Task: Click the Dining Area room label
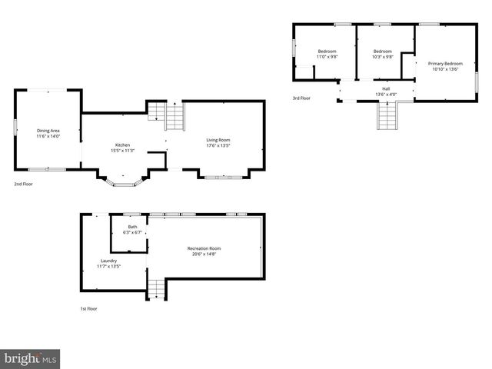48,131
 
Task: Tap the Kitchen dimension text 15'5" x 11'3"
123,151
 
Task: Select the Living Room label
218,140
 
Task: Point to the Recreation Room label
204,248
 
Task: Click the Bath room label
132,227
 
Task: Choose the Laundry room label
108,261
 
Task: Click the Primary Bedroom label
445,63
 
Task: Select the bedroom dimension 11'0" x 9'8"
327,57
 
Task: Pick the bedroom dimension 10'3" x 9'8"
382,57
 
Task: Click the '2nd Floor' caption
23,184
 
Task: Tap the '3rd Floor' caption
301,98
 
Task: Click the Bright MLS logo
30,358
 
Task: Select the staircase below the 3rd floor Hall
387,117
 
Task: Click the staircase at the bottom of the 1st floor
156,288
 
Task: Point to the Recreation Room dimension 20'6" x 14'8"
204,254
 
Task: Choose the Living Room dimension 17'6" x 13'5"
218,146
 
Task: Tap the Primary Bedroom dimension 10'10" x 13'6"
445,69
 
